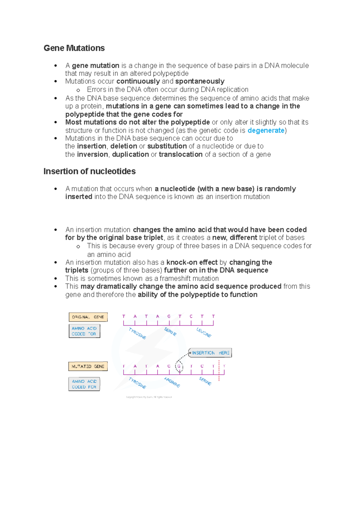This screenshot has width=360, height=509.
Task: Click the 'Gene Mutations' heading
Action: tap(74, 48)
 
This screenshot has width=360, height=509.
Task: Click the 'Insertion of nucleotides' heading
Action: tap(89, 171)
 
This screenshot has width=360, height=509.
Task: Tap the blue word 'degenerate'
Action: tap(266, 130)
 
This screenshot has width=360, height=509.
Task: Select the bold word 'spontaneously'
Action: tap(200, 81)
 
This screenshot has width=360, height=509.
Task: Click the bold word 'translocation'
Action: tap(181, 154)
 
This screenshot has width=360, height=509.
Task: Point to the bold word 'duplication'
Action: tap(130, 154)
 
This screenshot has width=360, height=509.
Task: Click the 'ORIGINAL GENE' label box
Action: tap(88, 317)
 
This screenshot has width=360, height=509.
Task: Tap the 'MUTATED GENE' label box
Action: tap(88, 366)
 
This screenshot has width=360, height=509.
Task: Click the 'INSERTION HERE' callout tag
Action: tap(210, 353)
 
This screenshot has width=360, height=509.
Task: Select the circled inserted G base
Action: tap(179, 366)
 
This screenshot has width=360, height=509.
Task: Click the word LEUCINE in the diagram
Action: tap(204, 332)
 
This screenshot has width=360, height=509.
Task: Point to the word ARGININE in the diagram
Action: tap(172, 382)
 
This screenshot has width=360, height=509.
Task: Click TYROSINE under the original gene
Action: tap(137, 333)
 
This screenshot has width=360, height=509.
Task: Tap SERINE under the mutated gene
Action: tap(205, 381)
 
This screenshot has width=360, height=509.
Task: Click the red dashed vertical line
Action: tap(219, 372)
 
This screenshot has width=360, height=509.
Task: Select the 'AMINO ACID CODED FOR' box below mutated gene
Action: tap(84, 384)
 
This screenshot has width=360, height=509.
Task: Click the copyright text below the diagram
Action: tap(149, 397)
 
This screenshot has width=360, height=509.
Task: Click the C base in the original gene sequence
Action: tap(191, 316)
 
